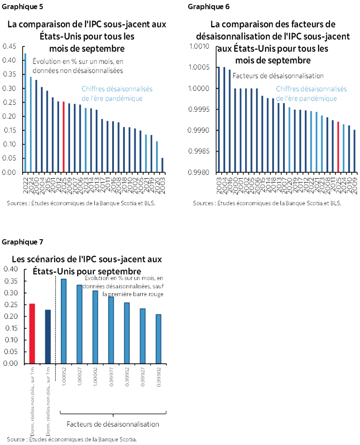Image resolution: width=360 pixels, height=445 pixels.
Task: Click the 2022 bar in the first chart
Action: pos(25,113)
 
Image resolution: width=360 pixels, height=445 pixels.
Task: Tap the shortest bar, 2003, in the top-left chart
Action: pos(163,165)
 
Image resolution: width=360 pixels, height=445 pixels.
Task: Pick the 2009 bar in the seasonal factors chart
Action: pos(355,151)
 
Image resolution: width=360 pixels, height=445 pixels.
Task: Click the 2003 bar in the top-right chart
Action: pos(219,120)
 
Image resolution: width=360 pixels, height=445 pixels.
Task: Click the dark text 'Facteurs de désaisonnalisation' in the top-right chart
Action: pos(278,76)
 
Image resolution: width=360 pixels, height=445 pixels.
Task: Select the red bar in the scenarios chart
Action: pos(32,333)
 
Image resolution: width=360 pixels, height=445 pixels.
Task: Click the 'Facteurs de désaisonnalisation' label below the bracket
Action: pos(113,424)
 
